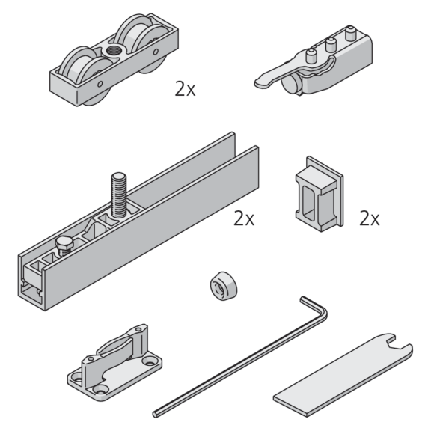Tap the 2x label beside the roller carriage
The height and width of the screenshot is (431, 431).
point(185,89)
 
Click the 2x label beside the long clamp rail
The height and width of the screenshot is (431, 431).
point(244,218)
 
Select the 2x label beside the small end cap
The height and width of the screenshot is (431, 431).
point(370,218)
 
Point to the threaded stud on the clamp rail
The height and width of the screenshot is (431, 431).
point(119,195)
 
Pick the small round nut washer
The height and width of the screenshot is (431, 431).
point(224,286)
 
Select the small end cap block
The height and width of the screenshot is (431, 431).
point(320,194)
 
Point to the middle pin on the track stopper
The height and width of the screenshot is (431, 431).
point(331,44)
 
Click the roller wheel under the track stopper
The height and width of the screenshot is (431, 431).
point(291,84)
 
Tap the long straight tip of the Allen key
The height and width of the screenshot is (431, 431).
point(156,414)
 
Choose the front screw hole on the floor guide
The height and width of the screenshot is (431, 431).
point(100,389)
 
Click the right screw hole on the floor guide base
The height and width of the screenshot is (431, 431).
point(149,361)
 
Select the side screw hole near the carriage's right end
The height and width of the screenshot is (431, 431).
point(156,52)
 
